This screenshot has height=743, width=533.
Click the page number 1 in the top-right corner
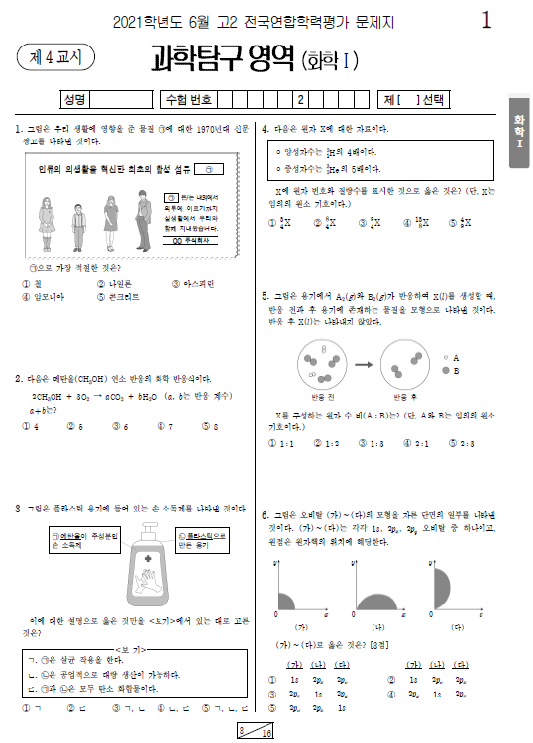485,20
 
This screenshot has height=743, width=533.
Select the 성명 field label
74,99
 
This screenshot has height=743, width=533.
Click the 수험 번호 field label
189,99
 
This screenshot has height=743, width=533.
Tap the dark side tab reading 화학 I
518,131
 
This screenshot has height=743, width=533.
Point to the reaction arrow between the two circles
364,364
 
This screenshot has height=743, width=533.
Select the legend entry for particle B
451,370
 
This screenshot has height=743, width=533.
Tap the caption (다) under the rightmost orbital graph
456,627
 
